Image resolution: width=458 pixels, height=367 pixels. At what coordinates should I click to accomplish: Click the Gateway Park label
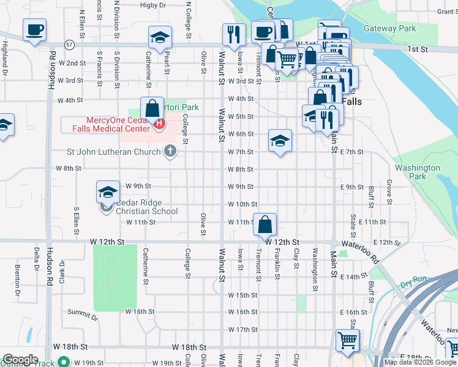(x=389, y=28)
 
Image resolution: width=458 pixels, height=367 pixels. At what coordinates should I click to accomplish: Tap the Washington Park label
(x=418, y=172)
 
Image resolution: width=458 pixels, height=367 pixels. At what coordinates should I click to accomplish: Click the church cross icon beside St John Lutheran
(x=171, y=151)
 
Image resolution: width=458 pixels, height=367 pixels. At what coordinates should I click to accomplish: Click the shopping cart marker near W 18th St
(x=347, y=341)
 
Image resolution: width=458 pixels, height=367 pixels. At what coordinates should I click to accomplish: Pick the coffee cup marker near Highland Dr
(x=34, y=29)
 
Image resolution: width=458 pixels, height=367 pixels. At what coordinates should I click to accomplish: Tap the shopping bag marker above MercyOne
(x=151, y=109)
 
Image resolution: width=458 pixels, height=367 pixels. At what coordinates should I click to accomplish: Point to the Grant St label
(x=444, y=11)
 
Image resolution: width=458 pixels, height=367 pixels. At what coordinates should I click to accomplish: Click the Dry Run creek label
(x=413, y=285)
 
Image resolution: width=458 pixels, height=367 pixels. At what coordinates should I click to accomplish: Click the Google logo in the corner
(x=20, y=360)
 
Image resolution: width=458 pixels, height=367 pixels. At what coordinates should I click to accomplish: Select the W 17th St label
(x=242, y=329)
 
